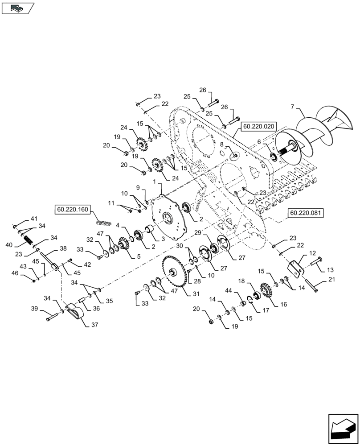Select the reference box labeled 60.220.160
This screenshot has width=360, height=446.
(72, 208)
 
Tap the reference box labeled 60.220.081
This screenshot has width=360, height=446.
(306, 213)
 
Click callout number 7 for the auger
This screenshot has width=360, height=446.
(293, 107)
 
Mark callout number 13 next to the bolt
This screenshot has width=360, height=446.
(330, 270)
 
